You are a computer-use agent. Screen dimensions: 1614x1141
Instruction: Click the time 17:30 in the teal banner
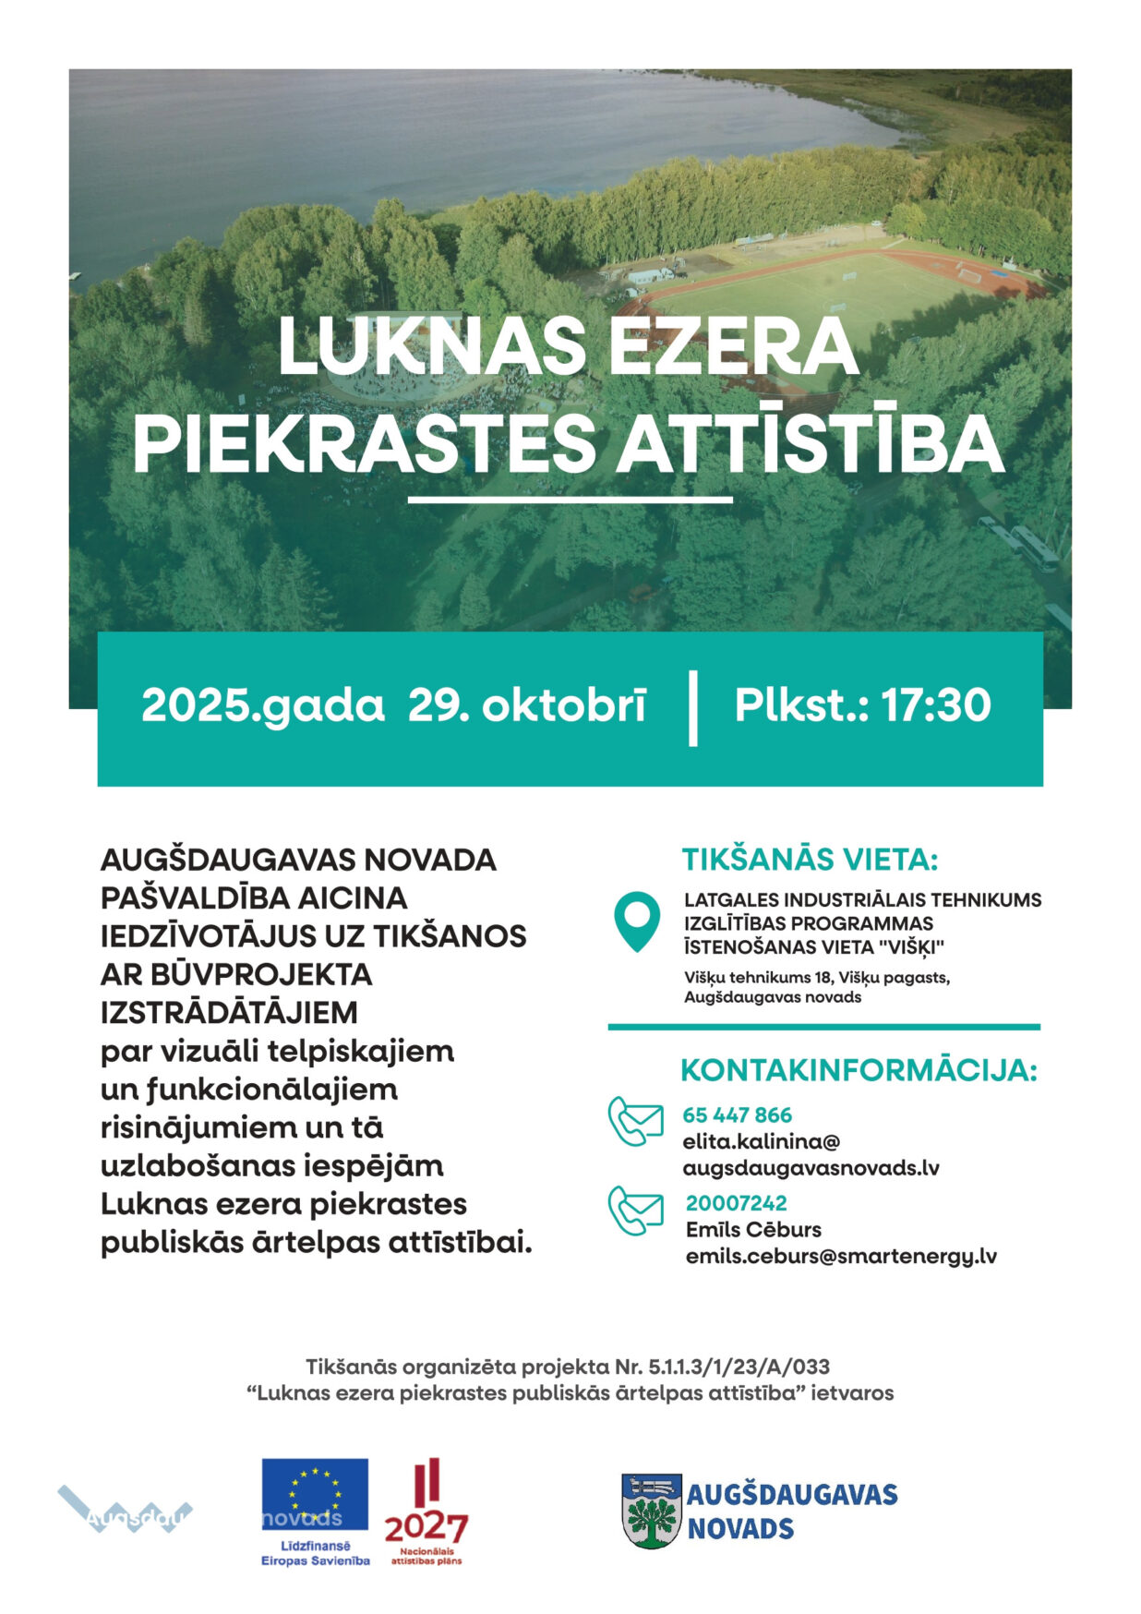pos(936,705)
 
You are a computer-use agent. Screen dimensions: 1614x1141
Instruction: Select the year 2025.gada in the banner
pos(262,705)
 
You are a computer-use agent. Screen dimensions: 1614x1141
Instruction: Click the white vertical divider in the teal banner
pos(693,708)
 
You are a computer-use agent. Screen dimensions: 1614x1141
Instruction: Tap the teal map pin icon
pos(637,919)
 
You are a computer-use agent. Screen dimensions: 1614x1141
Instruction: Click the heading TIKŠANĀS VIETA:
pos(810,860)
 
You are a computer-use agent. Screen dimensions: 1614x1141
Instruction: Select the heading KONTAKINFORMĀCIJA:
pos(859,1070)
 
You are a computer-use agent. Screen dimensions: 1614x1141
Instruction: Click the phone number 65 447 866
pos(737,1114)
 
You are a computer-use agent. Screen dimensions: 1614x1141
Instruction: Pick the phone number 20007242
pos(736,1203)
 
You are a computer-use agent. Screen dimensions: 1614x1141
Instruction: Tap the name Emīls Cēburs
pos(753,1230)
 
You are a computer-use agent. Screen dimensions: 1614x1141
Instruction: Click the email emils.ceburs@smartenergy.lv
pos(841,1257)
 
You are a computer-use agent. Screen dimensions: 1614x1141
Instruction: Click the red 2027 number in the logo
pos(426,1528)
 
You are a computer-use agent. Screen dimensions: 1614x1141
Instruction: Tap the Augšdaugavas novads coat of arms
pos(652,1512)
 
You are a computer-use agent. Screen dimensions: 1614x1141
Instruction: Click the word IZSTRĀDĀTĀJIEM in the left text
pos(229,1013)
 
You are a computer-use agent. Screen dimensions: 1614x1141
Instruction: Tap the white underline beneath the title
pos(570,500)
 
